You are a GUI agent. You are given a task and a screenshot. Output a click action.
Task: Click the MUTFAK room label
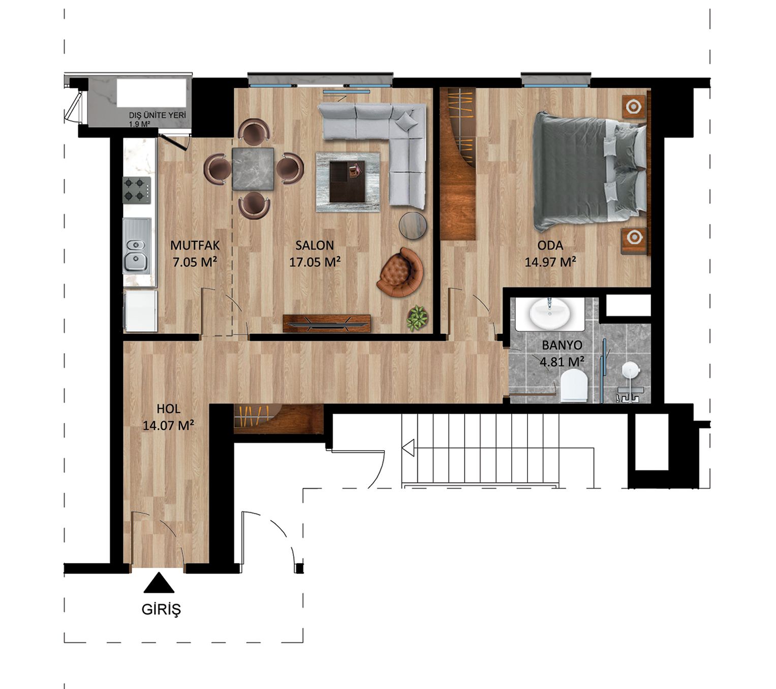(x=195, y=245)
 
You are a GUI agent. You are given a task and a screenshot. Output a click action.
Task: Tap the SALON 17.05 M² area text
(x=315, y=262)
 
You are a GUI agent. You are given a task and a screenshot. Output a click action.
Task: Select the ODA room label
(x=550, y=245)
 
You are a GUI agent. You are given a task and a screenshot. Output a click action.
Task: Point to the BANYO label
(x=562, y=345)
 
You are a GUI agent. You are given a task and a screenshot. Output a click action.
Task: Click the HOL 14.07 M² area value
(x=169, y=425)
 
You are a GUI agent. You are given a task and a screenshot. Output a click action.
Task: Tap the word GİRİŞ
(x=161, y=609)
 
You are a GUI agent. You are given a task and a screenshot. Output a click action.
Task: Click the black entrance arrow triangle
(x=159, y=582)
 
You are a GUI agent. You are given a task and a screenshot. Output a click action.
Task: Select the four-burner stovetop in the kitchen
(x=137, y=190)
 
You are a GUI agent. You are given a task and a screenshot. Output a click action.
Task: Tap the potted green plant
(x=418, y=318)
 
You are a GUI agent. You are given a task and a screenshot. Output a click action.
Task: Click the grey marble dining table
(x=253, y=169)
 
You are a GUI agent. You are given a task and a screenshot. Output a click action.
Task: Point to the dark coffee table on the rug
(x=347, y=181)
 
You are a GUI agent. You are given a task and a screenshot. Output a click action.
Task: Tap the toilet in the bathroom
(x=574, y=385)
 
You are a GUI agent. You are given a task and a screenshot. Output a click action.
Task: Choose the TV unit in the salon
(x=327, y=324)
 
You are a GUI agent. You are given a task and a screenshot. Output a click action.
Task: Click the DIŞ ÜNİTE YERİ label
(x=158, y=115)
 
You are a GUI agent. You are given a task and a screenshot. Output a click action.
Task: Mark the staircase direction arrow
(x=408, y=448)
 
